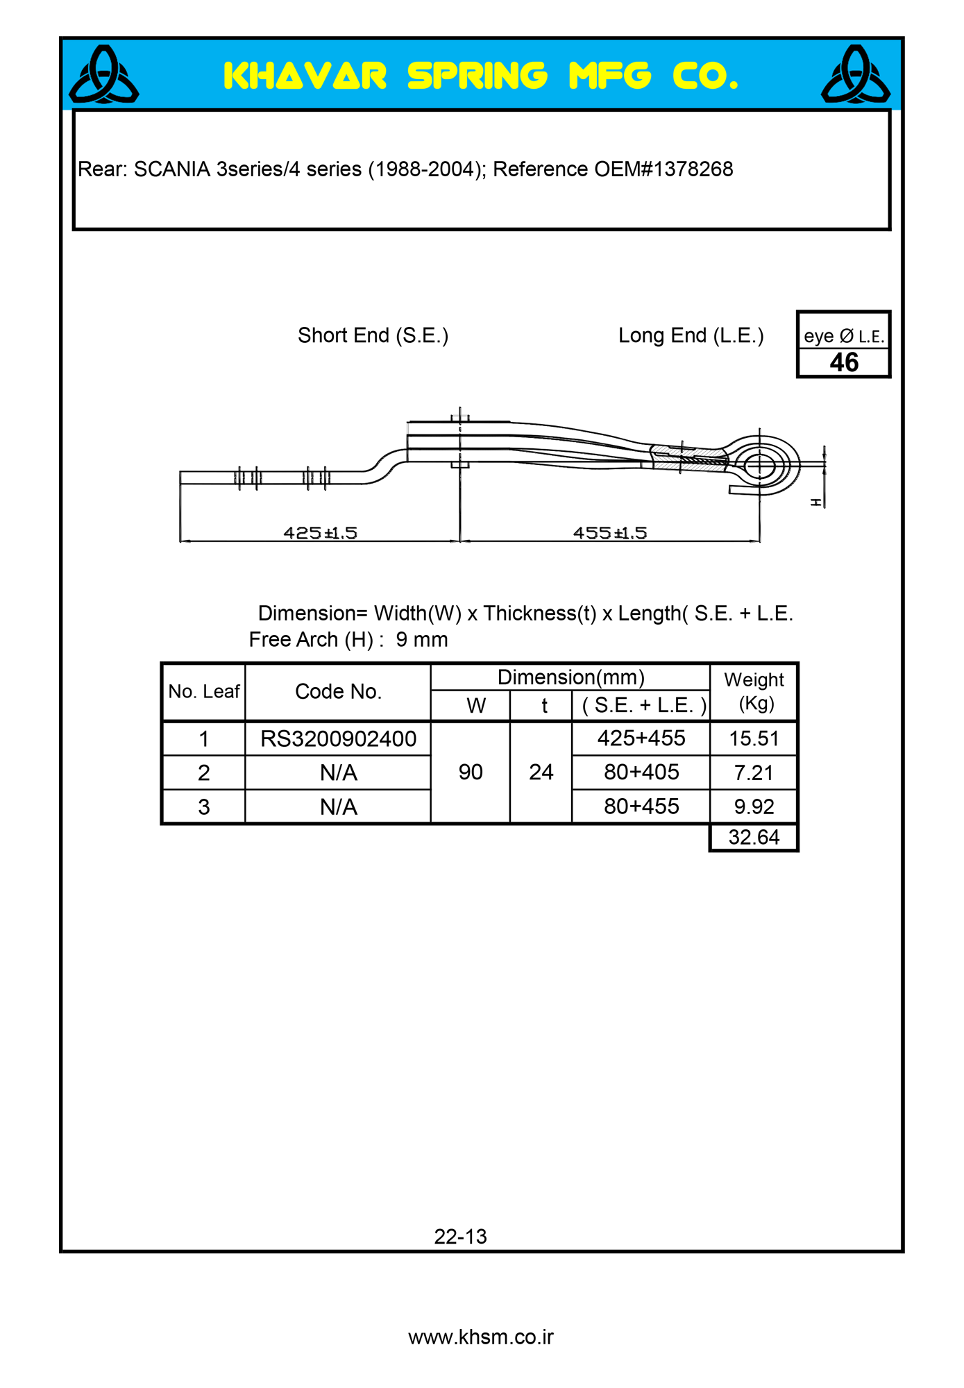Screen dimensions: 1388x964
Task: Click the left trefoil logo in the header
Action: tap(104, 75)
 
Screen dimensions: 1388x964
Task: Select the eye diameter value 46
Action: tap(843, 362)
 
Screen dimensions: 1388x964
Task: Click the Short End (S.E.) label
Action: tap(373, 336)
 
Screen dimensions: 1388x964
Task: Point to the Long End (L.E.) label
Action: tap(691, 336)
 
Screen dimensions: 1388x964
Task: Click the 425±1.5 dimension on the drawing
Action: tap(320, 533)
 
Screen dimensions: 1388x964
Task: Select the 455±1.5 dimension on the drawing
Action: tap(609, 533)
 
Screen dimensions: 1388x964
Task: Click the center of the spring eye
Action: tap(759, 465)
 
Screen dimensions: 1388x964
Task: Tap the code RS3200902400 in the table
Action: tap(338, 739)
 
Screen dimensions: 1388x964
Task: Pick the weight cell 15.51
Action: tap(754, 739)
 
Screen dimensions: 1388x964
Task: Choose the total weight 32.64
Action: tap(754, 838)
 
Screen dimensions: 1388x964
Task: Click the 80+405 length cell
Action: tap(641, 772)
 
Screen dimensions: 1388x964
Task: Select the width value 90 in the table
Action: tap(471, 772)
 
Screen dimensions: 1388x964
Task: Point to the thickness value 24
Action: tap(541, 772)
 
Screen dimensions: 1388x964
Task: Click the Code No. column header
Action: tap(338, 692)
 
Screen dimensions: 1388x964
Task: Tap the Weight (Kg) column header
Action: tap(754, 691)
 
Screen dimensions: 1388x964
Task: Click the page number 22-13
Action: tap(460, 1237)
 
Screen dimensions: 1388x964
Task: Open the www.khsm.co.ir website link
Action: tap(481, 1337)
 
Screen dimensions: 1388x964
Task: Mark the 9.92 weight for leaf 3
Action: tap(754, 807)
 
